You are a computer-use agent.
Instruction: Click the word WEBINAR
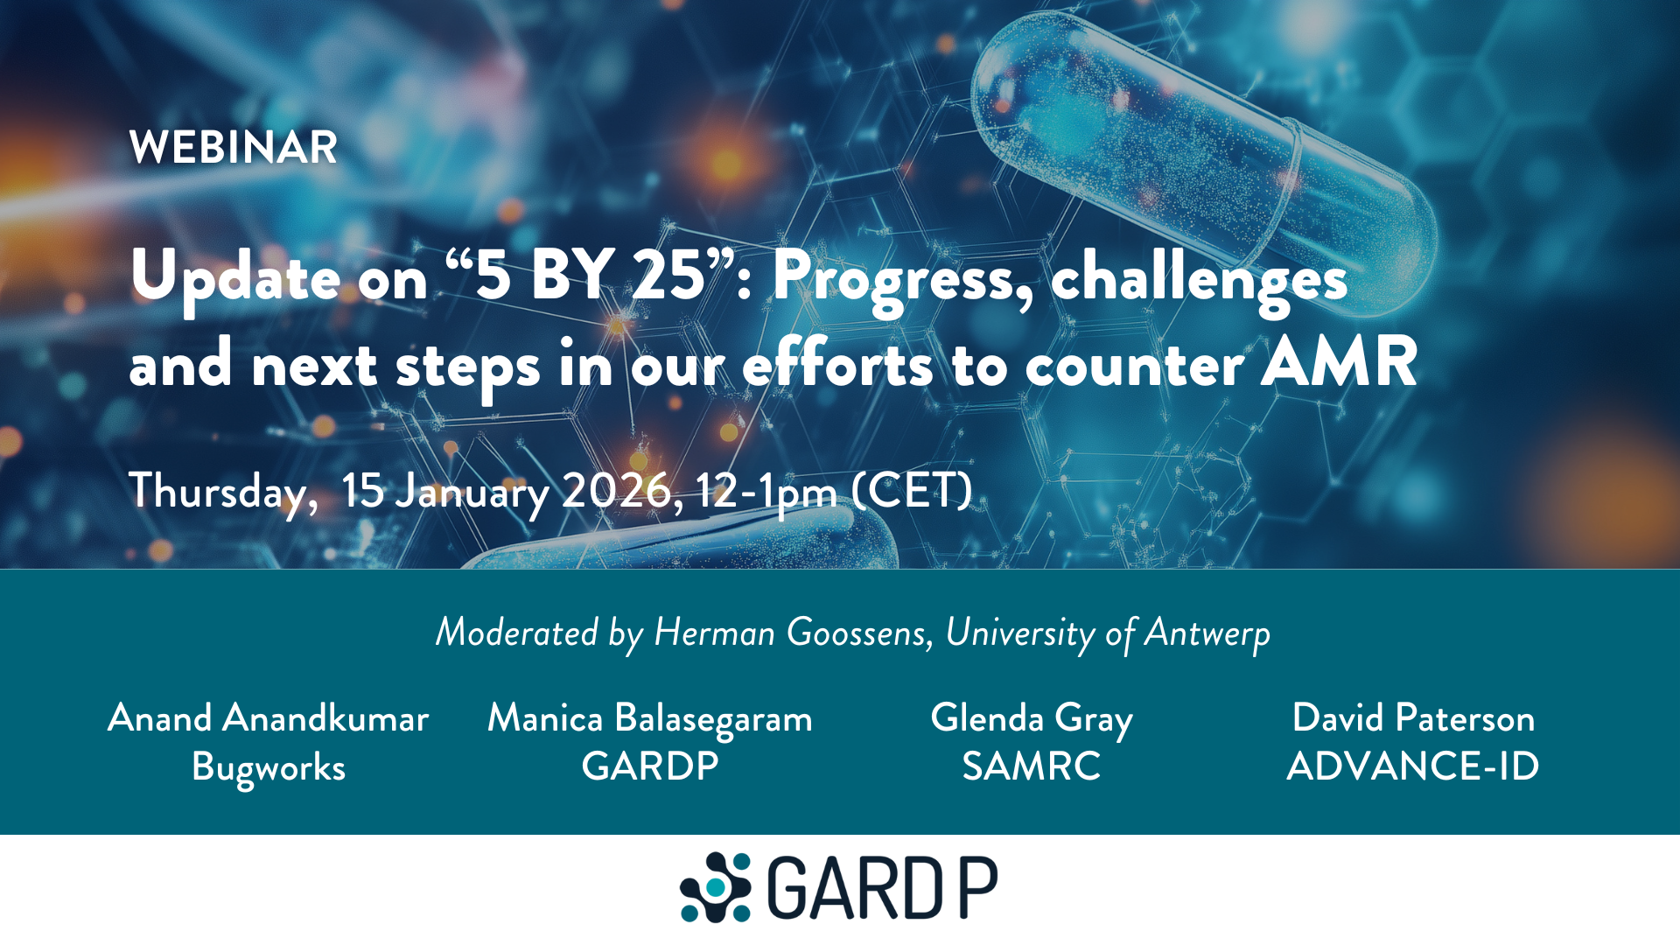point(233,147)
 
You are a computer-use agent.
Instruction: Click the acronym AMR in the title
point(1339,362)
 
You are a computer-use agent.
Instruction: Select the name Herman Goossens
point(792,633)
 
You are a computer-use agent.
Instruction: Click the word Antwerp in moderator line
point(1207,633)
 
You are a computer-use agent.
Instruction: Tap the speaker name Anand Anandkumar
point(269,718)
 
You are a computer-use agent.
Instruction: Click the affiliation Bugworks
point(269,767)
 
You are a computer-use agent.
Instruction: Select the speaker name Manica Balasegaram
point(650,718)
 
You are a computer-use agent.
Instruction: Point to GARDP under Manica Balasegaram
point(650,766)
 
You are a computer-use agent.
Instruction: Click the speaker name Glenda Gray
point(1032,718)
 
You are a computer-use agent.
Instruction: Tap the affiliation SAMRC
point(1032,766)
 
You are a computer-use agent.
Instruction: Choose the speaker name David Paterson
point(1413,718)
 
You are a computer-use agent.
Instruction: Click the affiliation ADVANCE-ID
point(1413,766)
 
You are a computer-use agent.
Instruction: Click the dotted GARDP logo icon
point(716,887)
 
